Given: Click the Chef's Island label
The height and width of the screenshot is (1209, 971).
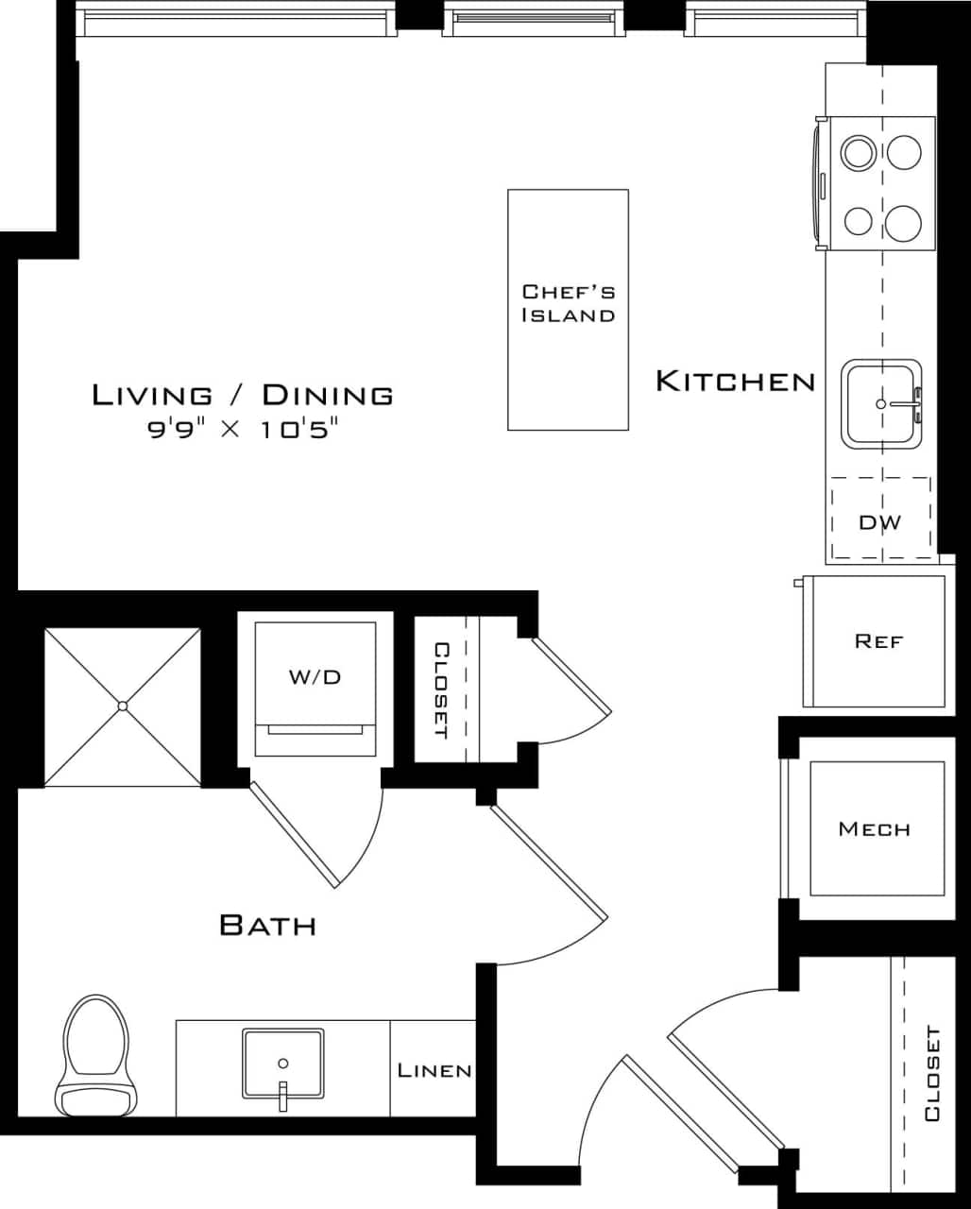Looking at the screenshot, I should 568,303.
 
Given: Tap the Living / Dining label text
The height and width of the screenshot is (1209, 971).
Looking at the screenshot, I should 243,395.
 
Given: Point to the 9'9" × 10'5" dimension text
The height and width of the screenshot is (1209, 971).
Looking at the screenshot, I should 243,430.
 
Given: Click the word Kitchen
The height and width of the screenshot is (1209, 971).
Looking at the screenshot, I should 735,382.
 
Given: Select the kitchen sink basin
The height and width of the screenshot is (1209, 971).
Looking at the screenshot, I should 881,403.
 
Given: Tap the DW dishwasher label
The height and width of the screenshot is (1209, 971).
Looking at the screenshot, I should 879,521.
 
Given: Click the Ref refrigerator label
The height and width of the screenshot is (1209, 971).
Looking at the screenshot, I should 878,641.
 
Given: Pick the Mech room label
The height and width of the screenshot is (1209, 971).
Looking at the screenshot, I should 875,829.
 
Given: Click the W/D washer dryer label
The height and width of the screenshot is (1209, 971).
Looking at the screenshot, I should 315,677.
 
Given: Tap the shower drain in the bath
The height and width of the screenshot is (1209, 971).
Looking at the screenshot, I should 123,706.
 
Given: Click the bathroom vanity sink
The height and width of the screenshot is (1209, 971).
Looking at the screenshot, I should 282,1064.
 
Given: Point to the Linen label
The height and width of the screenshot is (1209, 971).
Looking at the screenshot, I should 434,1070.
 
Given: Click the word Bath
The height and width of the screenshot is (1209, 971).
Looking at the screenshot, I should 267,925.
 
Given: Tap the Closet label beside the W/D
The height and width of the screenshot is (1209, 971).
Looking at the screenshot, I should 441,690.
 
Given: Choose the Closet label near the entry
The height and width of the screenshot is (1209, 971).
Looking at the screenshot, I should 931,1074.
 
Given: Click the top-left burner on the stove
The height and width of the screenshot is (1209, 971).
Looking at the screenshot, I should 859,152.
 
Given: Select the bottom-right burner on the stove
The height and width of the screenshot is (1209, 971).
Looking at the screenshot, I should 904,222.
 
